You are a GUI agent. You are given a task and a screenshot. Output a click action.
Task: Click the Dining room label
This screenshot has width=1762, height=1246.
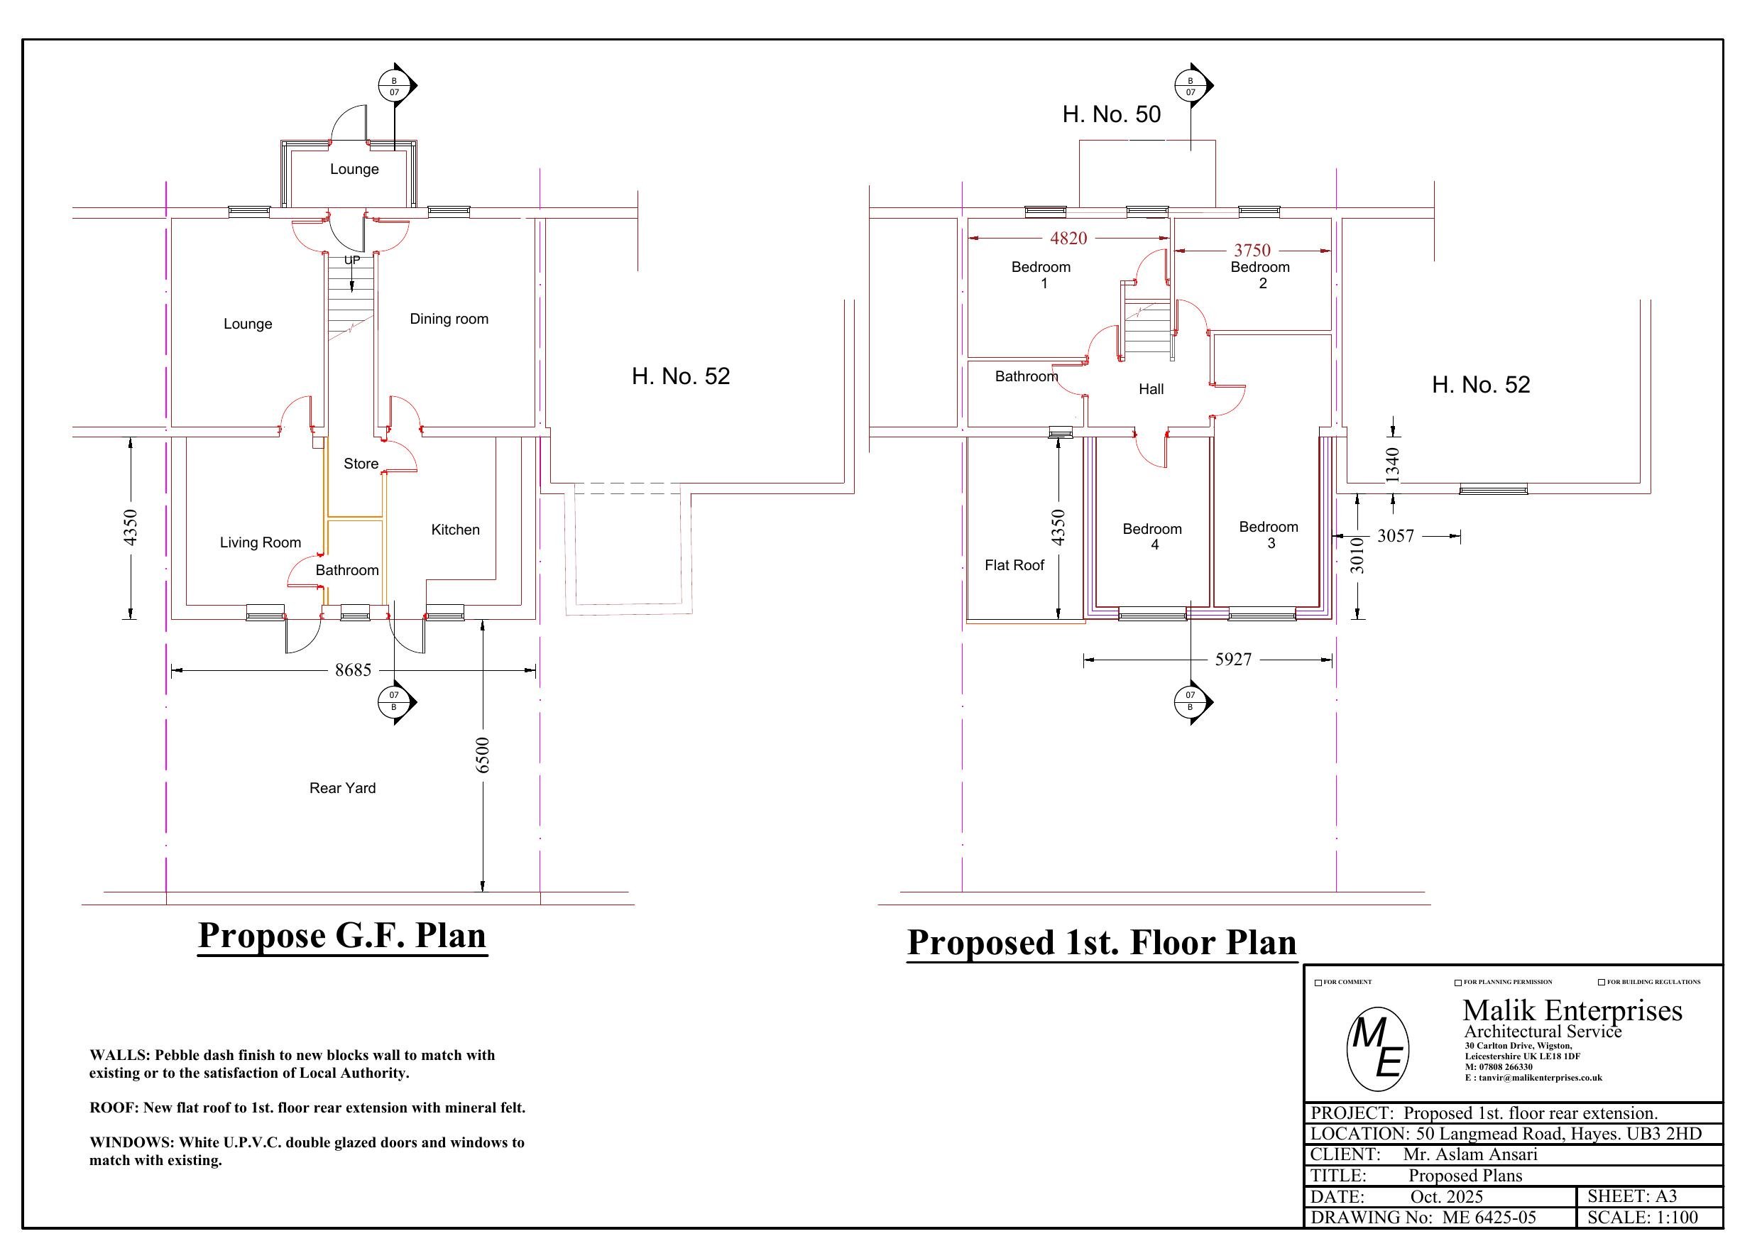(x=449, y=319)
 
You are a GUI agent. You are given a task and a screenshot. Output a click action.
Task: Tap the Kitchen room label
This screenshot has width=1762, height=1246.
(x=455, y=530)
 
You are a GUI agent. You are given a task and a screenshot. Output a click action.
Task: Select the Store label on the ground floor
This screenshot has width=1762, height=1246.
(x=361, y=464)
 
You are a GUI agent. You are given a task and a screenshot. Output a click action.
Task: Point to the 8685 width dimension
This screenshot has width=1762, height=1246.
(x=353, y=670)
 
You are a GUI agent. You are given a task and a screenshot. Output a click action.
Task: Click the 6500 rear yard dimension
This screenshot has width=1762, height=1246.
(x=483, y=755)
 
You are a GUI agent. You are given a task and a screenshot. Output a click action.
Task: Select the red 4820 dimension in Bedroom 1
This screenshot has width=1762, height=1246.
(x=1068, y=238)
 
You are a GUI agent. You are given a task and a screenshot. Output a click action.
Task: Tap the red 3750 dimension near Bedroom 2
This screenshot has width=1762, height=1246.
(x=1252, y=251)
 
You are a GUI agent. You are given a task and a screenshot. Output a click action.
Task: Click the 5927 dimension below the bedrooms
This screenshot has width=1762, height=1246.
(x=1233, y=660)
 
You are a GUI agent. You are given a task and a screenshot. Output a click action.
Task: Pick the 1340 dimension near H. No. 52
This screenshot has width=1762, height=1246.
(x=1393, y=464)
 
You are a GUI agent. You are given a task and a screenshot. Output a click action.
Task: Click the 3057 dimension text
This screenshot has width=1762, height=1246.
(x=1395, y=536)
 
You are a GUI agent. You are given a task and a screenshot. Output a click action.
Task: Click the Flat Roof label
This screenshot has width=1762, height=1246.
(x=1014, y=565)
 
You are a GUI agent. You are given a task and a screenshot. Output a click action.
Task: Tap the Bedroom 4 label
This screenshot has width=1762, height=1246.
(x=1152, y=537)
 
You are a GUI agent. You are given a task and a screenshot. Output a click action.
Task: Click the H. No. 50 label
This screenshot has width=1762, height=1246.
(x=1111, y=114)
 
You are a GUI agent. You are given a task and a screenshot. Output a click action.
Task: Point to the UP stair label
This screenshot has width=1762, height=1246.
(x=351, y=261)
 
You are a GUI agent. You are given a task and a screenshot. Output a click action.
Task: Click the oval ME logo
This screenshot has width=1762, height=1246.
(x=1377, y=1049)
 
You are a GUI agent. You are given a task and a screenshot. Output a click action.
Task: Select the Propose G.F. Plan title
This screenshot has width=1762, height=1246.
(x=342, y=935)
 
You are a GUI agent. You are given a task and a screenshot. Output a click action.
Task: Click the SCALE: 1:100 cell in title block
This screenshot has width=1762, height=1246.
(x=1642, y=1218)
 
